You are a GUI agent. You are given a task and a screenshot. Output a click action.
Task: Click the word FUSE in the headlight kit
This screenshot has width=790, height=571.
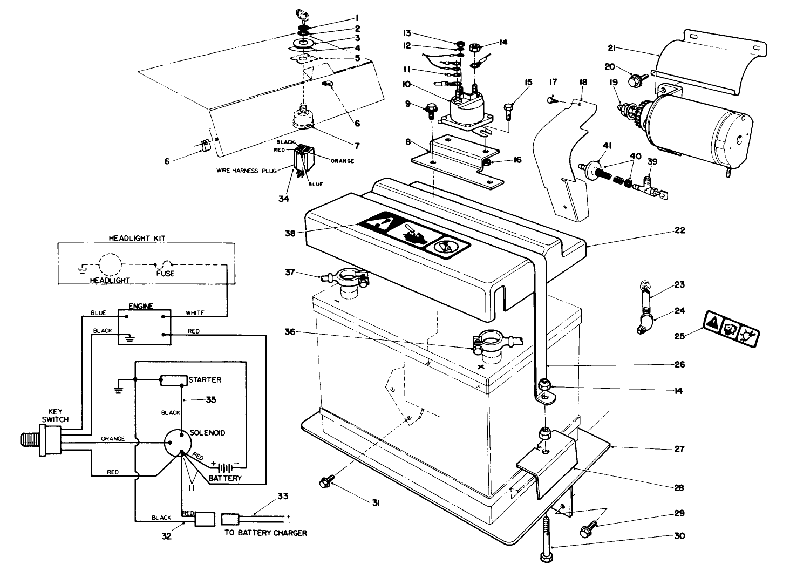[165, 274]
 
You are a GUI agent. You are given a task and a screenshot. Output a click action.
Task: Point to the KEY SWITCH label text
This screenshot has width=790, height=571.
[56, 415]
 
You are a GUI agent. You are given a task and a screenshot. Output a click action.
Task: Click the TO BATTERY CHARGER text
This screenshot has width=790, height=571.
[265, 533]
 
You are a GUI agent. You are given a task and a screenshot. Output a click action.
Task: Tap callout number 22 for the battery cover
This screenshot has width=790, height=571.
[679, 230]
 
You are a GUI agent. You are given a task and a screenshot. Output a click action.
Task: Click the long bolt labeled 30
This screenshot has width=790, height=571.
[548, 540]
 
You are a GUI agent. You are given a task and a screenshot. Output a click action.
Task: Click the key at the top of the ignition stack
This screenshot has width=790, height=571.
[301, 13]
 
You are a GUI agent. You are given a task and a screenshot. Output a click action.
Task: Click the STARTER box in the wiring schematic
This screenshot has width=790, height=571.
[173, 380]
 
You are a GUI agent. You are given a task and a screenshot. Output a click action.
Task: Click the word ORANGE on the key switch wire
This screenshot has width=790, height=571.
[112, 439]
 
